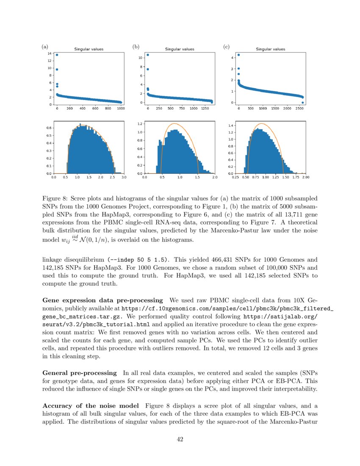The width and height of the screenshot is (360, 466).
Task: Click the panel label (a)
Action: click(44, 47)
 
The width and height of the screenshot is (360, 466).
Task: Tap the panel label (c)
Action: click(226, 47)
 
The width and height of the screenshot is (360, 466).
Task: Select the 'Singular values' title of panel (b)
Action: click(180, 49)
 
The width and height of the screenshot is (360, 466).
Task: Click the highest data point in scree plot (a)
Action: click(57, 55)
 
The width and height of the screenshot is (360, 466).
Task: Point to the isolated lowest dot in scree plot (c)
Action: click(302, 103)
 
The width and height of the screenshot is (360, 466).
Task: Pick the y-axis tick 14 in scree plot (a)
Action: click(50, 54)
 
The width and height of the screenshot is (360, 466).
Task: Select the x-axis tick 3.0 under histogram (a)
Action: click(124, 178)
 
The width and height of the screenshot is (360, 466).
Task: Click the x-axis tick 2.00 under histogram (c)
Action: click(305, 178)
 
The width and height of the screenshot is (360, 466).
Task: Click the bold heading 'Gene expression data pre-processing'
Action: click(103, 300)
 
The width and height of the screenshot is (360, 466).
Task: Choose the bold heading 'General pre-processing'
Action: click(80, 373)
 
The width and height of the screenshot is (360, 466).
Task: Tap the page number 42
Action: click(180, 439)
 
